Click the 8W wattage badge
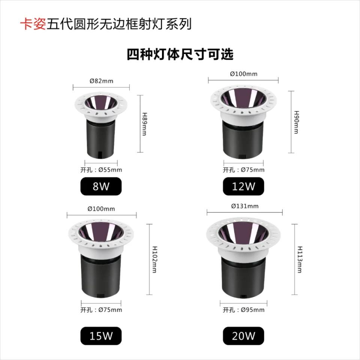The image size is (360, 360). pos(101,186)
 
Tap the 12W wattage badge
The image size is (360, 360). pos(243,186)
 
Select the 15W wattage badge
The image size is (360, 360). pos(101,336)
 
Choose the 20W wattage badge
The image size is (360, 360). pos(243,336)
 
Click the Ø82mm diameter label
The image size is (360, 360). pos(101,81)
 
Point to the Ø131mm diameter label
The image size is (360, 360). pos(245,206)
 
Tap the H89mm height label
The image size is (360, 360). pos(144,124)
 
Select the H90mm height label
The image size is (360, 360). pos(297,122)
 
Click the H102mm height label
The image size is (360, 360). pos(155,259)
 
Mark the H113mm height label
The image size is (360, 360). pos(300,259)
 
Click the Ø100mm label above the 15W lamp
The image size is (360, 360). pos(101,209)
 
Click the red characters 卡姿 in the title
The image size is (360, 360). pos(33,24)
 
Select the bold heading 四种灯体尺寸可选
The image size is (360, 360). pos(180,55)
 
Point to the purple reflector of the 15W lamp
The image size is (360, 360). pos(101,231)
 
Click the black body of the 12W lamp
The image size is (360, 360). pos(243,139)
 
